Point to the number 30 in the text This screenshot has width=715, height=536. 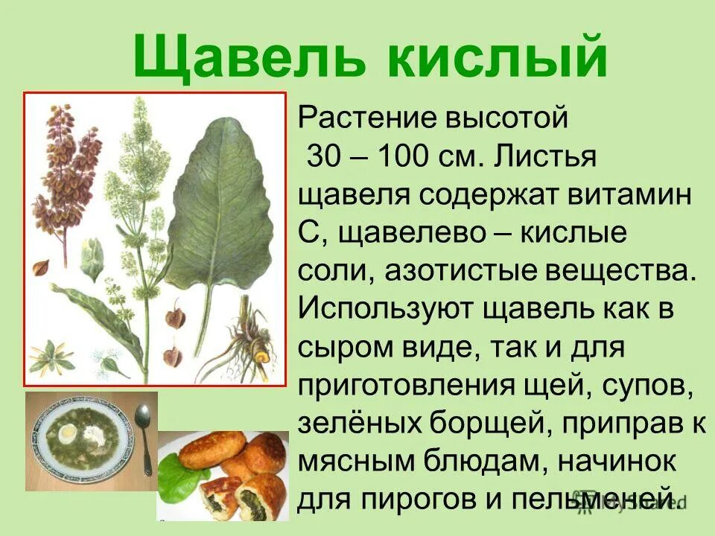323,158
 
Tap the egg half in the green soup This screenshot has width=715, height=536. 68,430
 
